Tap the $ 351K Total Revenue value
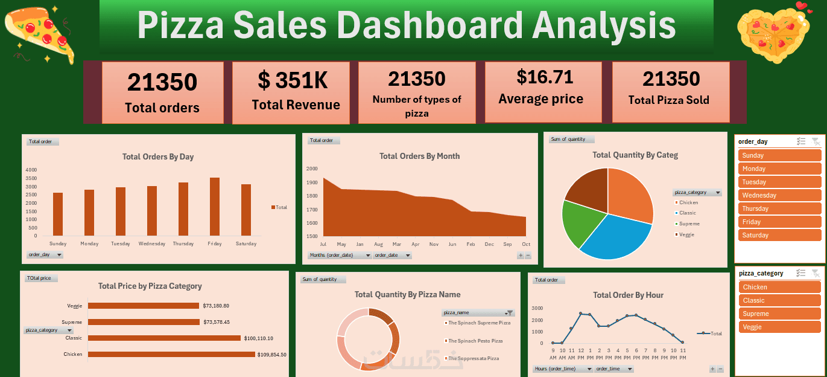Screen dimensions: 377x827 tap(293, 80)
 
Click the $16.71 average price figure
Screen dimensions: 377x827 tap(545, 77)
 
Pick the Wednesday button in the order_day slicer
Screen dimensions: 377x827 tap(779, 195)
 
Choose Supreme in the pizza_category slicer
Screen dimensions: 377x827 tap(779, 314)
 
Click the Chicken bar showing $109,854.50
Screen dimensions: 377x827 tap(171, 355)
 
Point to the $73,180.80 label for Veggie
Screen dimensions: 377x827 tap(216, 306)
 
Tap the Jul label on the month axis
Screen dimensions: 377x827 tap(323, 244)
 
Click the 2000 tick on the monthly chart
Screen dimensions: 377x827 tap(312, 169)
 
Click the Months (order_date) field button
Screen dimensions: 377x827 tap(340, 256)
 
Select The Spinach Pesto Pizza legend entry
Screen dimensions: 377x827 tap(475, 341)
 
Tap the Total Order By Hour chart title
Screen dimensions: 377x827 tap(628, 295)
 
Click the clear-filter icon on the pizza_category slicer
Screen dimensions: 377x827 tap(815, 273)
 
